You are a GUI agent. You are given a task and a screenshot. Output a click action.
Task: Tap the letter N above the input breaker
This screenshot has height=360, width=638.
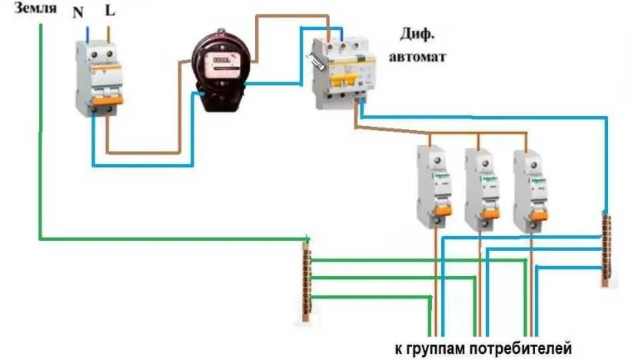point(78,14)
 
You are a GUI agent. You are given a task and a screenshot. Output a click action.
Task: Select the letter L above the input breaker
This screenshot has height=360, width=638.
point(110,14)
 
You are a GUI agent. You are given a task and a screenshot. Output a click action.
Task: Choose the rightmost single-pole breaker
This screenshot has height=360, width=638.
point(529,188)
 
